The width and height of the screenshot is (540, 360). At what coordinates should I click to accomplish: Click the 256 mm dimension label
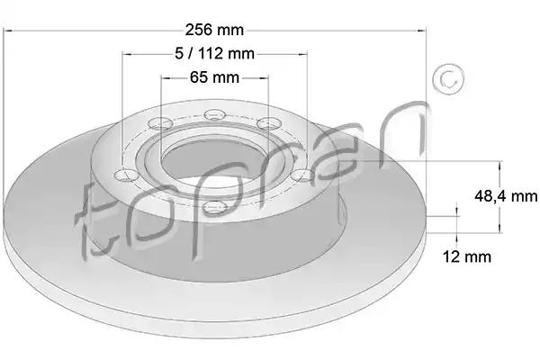click(214, 30)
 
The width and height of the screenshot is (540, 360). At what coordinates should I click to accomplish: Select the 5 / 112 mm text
click(214, 53)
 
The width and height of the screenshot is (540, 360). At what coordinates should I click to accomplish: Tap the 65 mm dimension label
click(214, 77)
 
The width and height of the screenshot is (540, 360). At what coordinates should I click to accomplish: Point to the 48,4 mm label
click(506, 196)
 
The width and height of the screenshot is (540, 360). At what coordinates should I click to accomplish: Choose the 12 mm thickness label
click(466, 256)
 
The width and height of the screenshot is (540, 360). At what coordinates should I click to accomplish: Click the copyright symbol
click(448, 79)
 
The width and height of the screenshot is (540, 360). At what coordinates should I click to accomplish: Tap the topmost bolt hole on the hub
click(214, 114)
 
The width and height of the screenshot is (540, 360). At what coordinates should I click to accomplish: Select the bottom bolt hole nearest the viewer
click(214, 207)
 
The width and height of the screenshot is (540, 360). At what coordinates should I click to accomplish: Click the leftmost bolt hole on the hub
click(126, 175)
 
